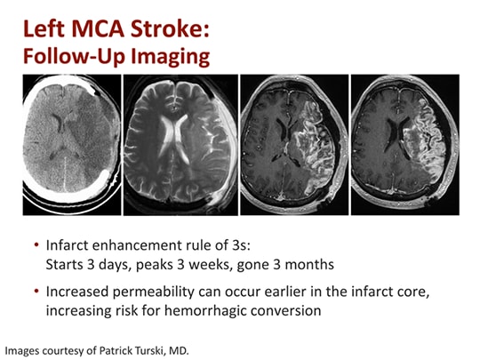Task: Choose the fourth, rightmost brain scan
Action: click(404, 144)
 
